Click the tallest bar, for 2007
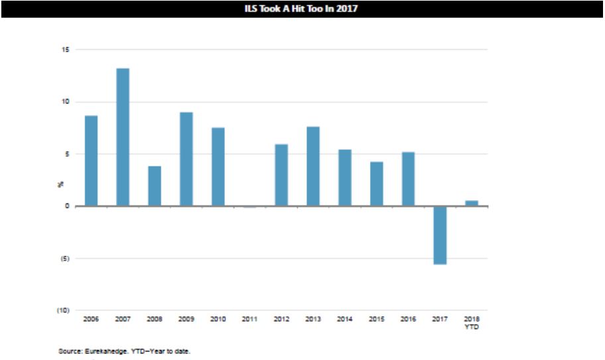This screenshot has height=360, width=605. click(x=123, y=137)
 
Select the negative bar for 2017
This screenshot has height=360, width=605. click(x=440, y=235)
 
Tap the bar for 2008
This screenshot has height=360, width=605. click(x=155, y=186)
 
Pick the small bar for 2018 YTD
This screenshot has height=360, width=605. click(x=472, y=204)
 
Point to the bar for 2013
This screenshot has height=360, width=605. click(x=313, y=166)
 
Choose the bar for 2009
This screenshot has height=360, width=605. click(x=186, y=159)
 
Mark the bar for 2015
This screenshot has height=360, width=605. click(x=377, y=184)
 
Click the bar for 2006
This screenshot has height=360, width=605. click(x=91, y=160)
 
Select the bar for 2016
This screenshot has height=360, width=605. click(x=408, y=179)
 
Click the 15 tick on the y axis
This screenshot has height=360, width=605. click(x=65, y=50)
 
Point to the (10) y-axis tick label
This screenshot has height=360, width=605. click(x=63, y=310)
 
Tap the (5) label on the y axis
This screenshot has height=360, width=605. click(x=65, y=259)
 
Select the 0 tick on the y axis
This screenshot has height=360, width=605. click(x=67, y=206)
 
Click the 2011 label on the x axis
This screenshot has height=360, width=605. click(x=249, y=319)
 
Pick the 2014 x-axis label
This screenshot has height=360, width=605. click(x=344, y=319)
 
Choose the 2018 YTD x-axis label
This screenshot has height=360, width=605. click(x=472, y=323)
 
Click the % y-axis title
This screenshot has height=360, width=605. click(x=60, y=184)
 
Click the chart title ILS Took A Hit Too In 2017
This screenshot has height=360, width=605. click(x=301, y=9)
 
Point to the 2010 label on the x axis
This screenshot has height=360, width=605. click(x=218, y=319)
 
